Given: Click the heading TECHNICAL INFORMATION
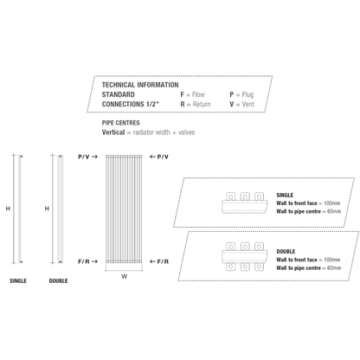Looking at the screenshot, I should click(x=140, y=86).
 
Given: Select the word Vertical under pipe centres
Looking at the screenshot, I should click(x=114, y=132).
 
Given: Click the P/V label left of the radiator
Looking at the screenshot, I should click(x=87, y=157).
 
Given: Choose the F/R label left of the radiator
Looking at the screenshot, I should click(x=87, y=260).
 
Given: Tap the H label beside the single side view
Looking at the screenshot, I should click(x=8, y=209).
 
